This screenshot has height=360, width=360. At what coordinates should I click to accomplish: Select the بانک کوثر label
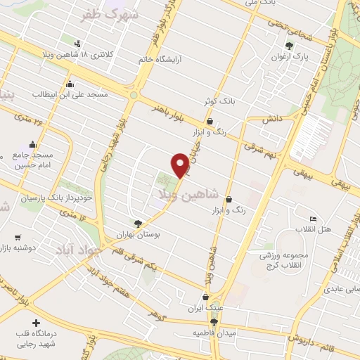(219, 101)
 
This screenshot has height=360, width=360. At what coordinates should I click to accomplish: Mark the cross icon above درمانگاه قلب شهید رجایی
(37, 323)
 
